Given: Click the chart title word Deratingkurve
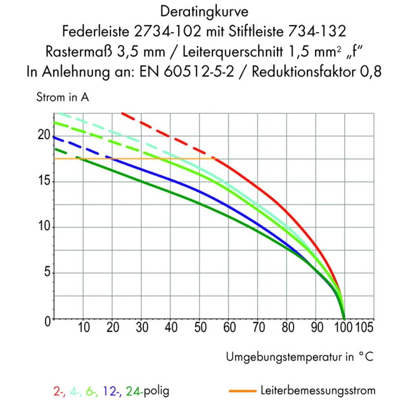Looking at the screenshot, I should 204,12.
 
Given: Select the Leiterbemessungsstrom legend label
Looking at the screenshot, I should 317,390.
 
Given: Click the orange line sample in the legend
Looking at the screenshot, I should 242,391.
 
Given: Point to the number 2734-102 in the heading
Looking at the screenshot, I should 170,31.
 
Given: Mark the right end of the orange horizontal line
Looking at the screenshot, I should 213,158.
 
